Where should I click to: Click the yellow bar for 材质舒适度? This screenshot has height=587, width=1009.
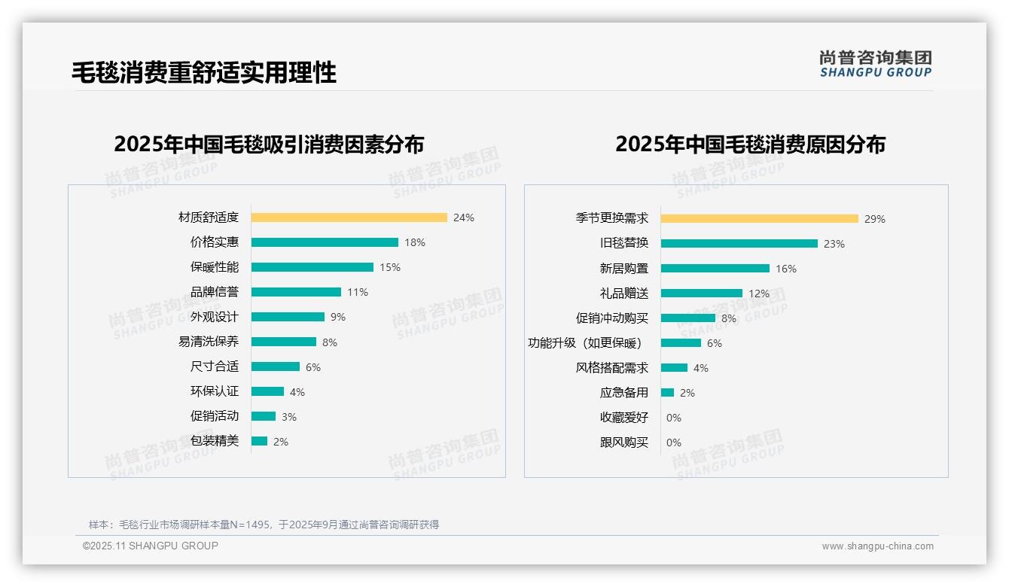click(x=349, y=217)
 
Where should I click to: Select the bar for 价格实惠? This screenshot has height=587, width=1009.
click(x=325, y=242)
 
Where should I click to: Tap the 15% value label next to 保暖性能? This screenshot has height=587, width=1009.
click(x=389, y=267)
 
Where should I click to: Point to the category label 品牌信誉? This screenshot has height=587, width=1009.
click(x=214, y=292)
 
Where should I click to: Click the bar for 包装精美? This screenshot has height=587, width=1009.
click(x=259, y=441)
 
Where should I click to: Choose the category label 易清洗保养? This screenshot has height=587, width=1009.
click(x=208, y=342)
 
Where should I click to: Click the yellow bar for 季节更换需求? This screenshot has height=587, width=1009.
click(x=759, y=219)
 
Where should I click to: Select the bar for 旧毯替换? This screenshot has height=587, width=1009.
click(x=739, y=244)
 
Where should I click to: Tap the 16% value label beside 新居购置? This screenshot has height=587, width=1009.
click(x=785, y=269)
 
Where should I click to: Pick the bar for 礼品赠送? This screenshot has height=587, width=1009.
click(x=701, y=293)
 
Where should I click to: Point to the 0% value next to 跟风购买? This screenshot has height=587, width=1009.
click(x=673, y=443)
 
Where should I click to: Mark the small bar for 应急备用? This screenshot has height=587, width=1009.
click(x=667, y=393)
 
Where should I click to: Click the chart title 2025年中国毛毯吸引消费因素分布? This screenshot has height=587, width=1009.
click(x=269, y=144)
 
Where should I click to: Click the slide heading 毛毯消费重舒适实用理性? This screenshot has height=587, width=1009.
click(x=203, y=72)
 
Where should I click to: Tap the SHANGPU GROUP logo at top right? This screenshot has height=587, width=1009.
click(x=875, y=64)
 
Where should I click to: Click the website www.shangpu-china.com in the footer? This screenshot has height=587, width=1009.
click(x=877, y=546)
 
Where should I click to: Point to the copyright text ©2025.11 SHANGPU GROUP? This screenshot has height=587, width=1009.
click(x=150, y=546)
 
